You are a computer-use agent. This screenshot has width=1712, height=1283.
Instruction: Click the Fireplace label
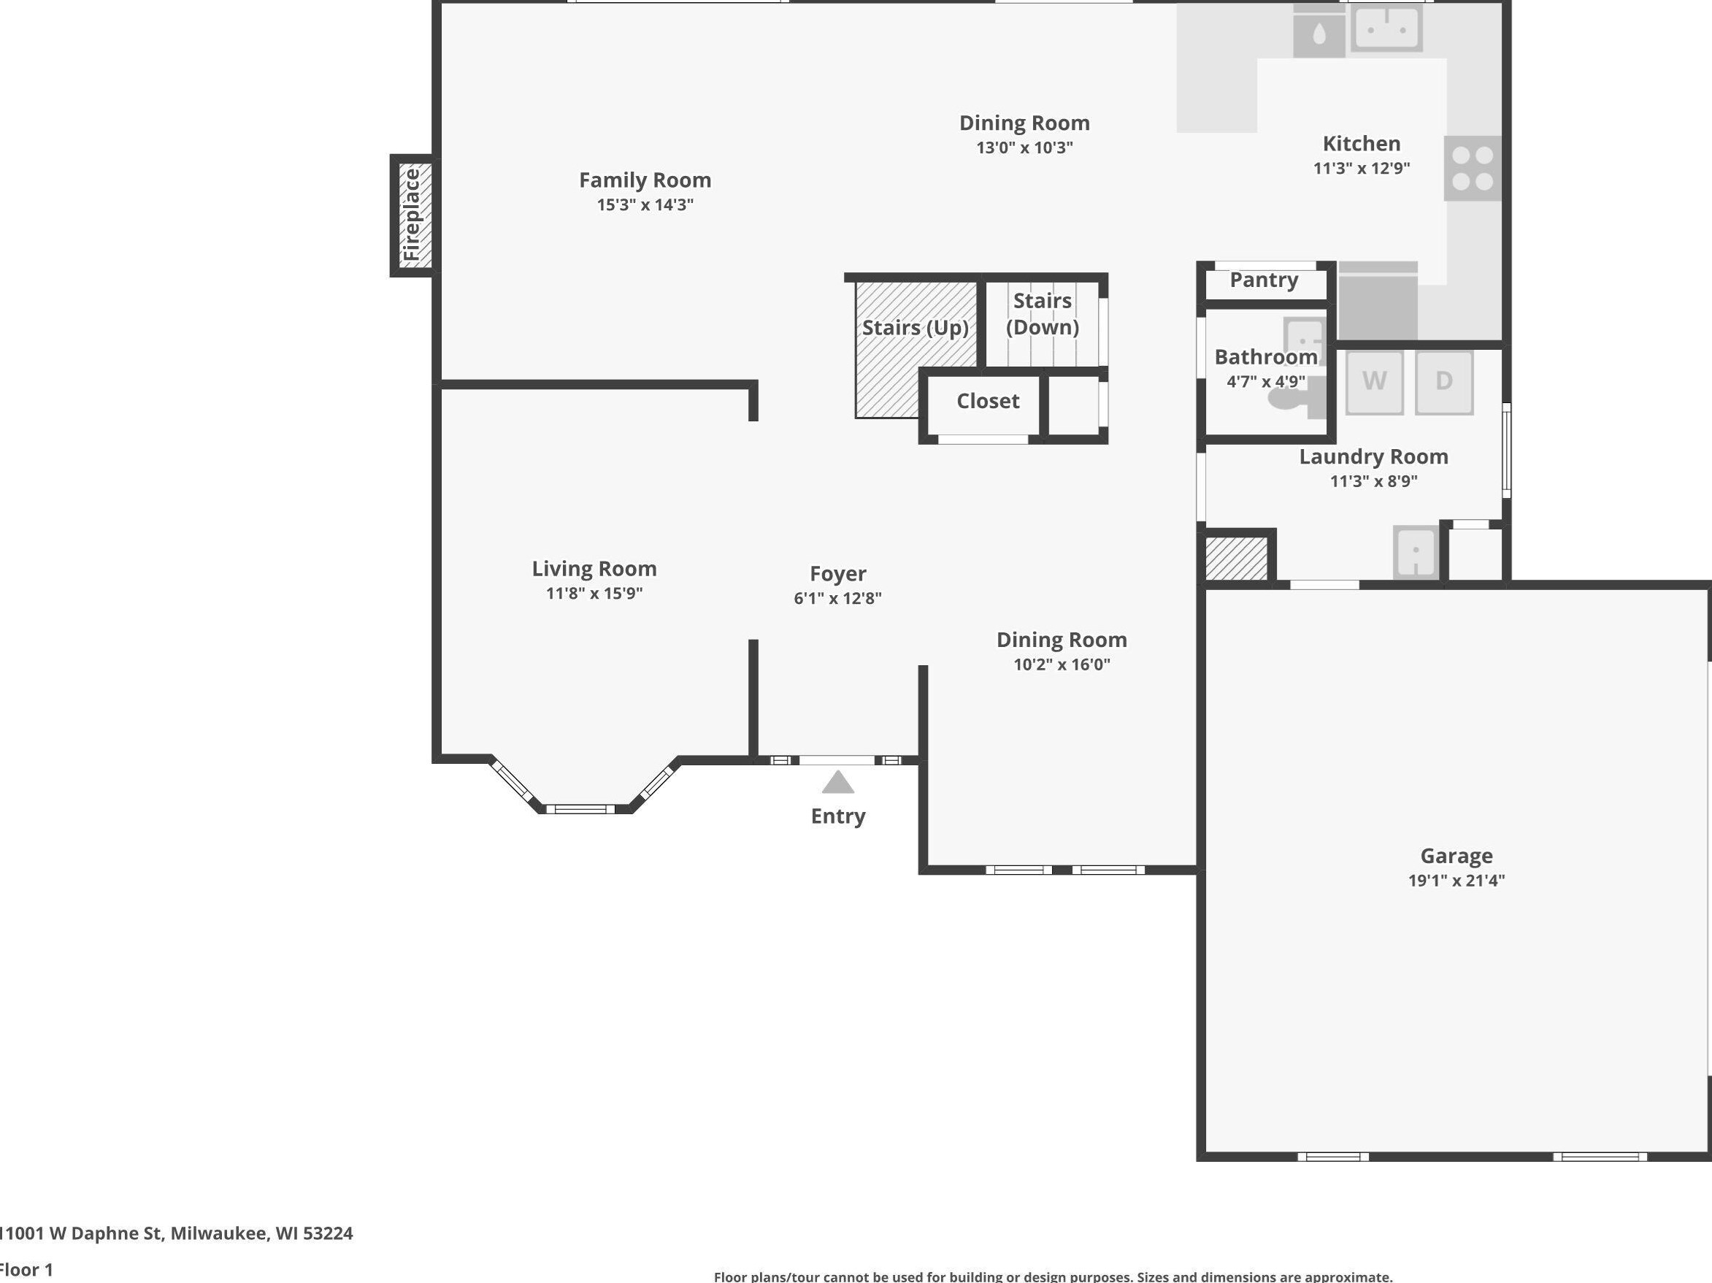[x=412, y=215]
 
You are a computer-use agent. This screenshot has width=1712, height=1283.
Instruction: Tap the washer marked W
[x=1374, y=383]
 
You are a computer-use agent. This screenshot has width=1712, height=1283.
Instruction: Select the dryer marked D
[x=1444, y=383]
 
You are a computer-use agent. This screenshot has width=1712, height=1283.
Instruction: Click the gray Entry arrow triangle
[x=837, y=782]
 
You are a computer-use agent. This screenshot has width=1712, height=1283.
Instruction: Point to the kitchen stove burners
[x=1473, y=169]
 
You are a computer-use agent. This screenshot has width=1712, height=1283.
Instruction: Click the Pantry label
[x=1264, y=280]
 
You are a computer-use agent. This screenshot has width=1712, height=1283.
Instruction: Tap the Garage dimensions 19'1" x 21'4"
[x=1456, y=881]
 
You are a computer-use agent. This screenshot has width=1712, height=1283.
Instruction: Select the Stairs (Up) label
[x=916, y=329]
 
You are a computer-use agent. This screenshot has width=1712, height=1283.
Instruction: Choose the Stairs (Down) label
[x=1043, y=313]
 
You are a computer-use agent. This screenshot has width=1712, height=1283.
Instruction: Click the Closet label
[x=988, y=401]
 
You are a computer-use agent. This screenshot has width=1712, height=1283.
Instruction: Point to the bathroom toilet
[x=1294, y=397]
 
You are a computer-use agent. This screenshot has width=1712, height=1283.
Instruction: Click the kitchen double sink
[x=1386, y=28]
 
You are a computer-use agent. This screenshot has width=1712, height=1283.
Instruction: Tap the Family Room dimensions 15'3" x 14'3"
[x=645, y=205]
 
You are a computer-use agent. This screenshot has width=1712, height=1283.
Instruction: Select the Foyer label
[x=837, y=574]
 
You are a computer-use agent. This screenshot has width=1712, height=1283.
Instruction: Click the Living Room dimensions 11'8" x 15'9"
[x=594, y=594]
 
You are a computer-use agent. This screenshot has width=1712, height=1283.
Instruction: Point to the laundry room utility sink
[x=1416, y=552]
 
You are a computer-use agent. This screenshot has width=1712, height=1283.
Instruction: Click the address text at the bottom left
[x=177, y=1233]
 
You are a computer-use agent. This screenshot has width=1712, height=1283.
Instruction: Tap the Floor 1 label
[x=26, y=1270]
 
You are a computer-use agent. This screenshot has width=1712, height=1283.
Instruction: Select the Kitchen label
[x=1362, y=144]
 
